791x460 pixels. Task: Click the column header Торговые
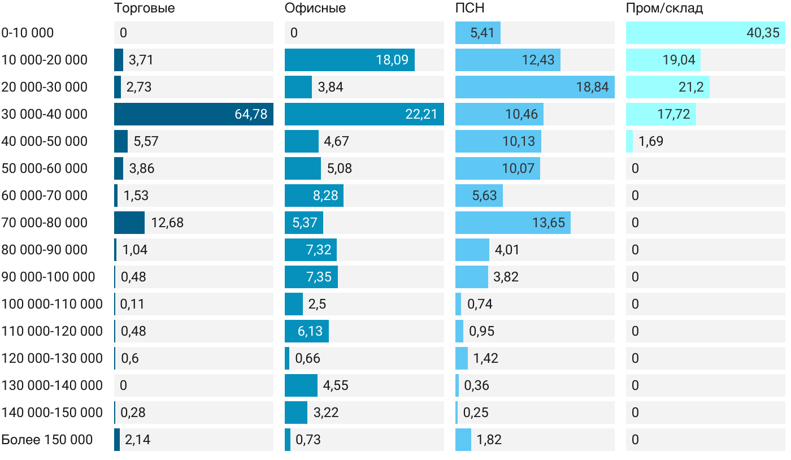pos(144,8)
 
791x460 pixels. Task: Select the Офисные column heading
pos(315,8)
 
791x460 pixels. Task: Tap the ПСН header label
pos(470,8)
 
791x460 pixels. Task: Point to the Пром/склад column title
pos(664,8)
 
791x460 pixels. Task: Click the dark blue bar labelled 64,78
pos(194,114)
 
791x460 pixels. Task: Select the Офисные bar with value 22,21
pos(364,114)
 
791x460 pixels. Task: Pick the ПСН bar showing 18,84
pos(535,87)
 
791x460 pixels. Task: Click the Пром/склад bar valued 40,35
pos(706,33)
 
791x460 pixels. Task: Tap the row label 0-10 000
pos(28,33)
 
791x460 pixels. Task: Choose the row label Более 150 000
pos(47,440)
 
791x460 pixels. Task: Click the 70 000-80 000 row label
pos(45,223)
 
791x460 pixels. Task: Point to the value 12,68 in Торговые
pos(167,223)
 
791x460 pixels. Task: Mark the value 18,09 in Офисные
pos(392,60)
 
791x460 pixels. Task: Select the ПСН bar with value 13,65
pos(513,223)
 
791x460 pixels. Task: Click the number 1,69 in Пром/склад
pos(651,141)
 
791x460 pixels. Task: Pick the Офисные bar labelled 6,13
pos(307,331)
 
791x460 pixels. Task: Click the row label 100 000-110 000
pos(52,304)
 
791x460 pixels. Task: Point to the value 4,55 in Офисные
pos(336,385)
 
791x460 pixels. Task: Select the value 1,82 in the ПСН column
pos(489,440)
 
